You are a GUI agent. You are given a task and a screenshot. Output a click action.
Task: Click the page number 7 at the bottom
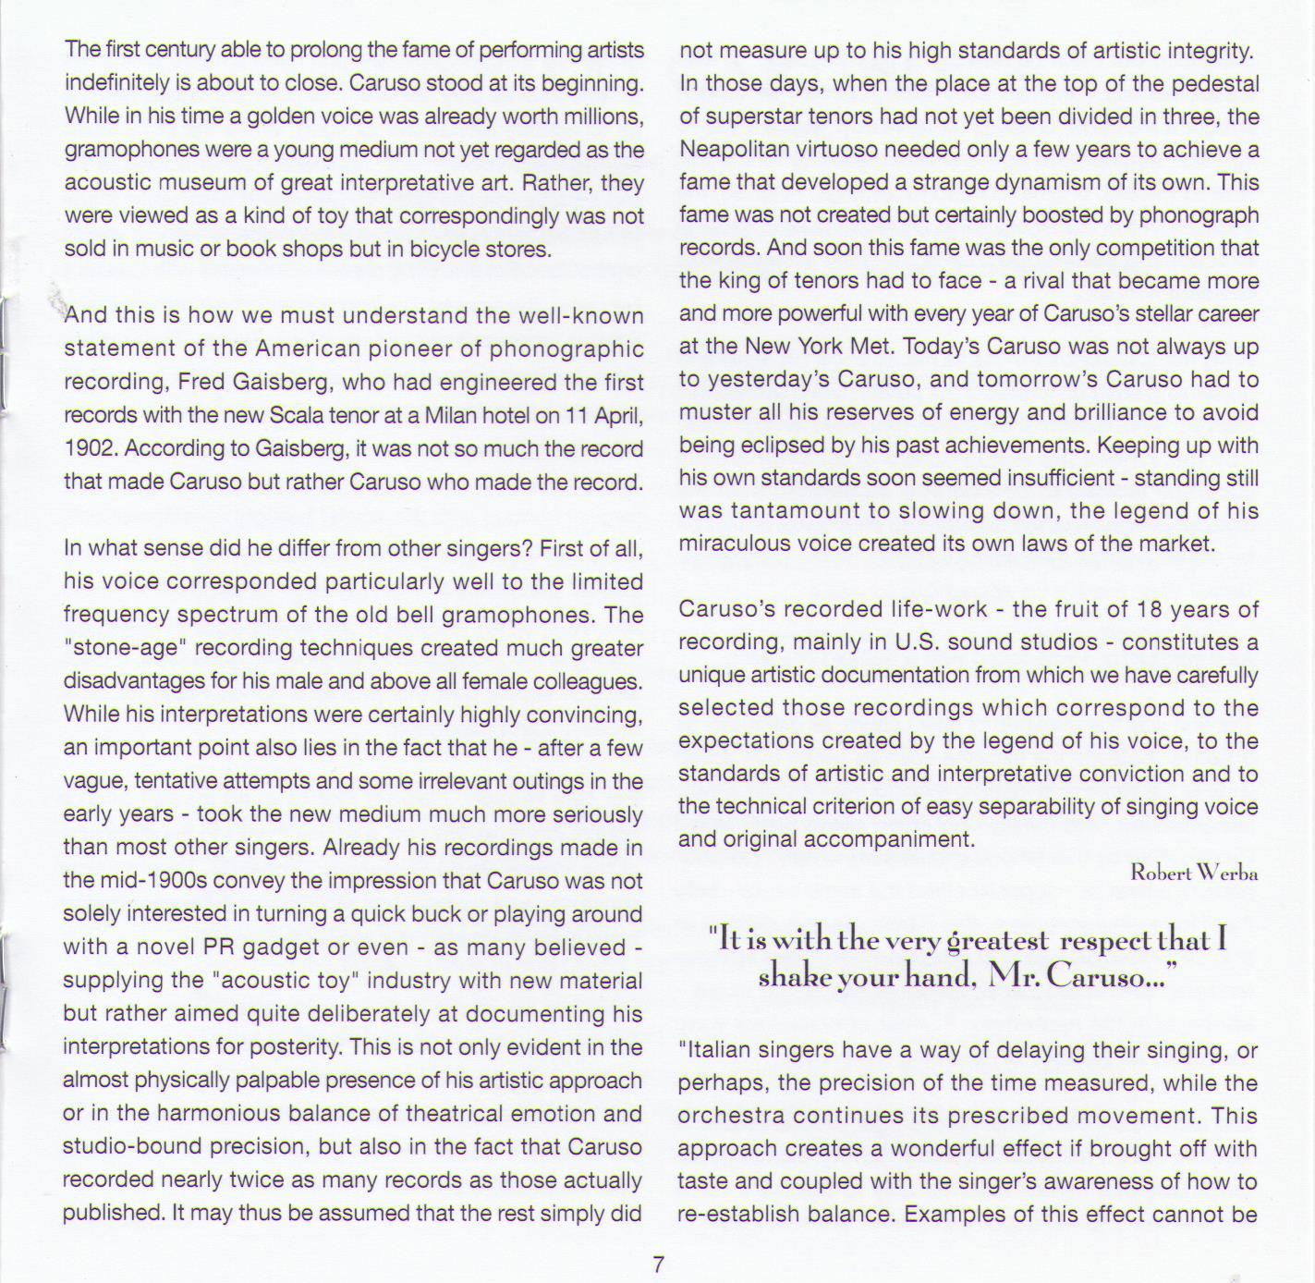coord(658,1264)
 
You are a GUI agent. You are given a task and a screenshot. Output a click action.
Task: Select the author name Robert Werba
coord(1194,873)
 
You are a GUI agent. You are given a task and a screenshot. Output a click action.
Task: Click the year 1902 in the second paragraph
coord(91,449)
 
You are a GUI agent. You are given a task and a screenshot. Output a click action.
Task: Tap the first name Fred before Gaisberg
coord(201,383)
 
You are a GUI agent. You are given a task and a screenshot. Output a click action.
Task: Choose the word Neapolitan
coord(736,150)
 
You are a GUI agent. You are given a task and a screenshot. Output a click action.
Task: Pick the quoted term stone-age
coord(121,649)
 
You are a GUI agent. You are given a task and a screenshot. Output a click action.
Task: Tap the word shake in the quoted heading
coord(791,977)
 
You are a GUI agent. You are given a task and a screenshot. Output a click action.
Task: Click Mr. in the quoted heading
coord(1012,977)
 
